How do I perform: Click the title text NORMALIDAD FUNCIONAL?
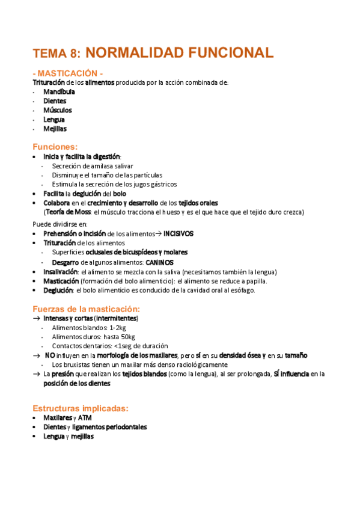click(x=185, y=52)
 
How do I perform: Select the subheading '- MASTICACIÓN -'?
click(x=72, y=73)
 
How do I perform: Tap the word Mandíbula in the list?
click(x=59, y=92)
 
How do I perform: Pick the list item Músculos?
click(x=57, y=110)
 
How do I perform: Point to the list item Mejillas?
click(x=55, y=128)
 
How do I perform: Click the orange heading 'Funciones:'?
click(x=55, y=146)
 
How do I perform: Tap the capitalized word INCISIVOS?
click(x=178, y=233)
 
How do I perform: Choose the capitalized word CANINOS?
click(x=159, y=263)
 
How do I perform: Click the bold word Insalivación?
click(x=61, y=272)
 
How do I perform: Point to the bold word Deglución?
click(x=58, y=290)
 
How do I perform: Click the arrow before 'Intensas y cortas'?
click(x=37, y=318)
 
